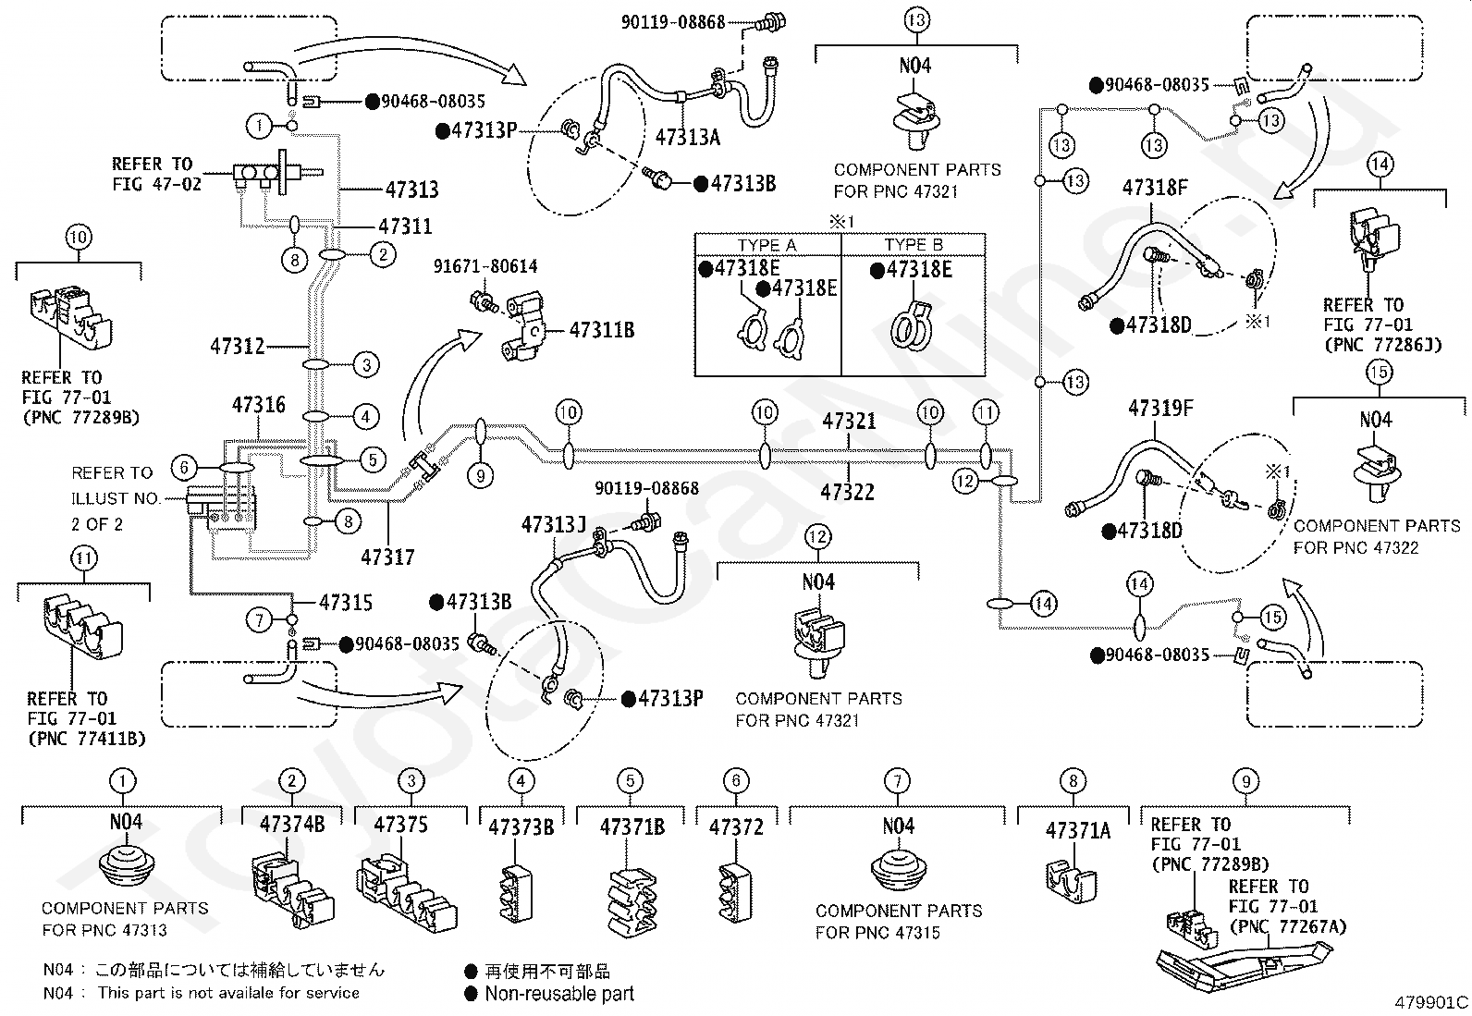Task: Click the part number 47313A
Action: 687,138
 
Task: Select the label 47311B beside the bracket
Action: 602,330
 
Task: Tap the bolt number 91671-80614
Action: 485,266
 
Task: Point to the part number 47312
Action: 238,347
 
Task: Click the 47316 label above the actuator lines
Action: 259,405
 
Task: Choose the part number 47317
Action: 387,557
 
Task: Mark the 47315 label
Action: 346,603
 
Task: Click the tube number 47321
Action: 850,422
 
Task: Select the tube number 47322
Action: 848,493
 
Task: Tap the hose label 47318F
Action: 1155,188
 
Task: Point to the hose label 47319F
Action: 1160,408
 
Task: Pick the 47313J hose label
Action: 554,526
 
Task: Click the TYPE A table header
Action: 767,245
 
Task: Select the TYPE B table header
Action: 914,245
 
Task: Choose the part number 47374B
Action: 292,825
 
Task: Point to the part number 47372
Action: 736,826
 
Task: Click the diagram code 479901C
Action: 1432,1002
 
